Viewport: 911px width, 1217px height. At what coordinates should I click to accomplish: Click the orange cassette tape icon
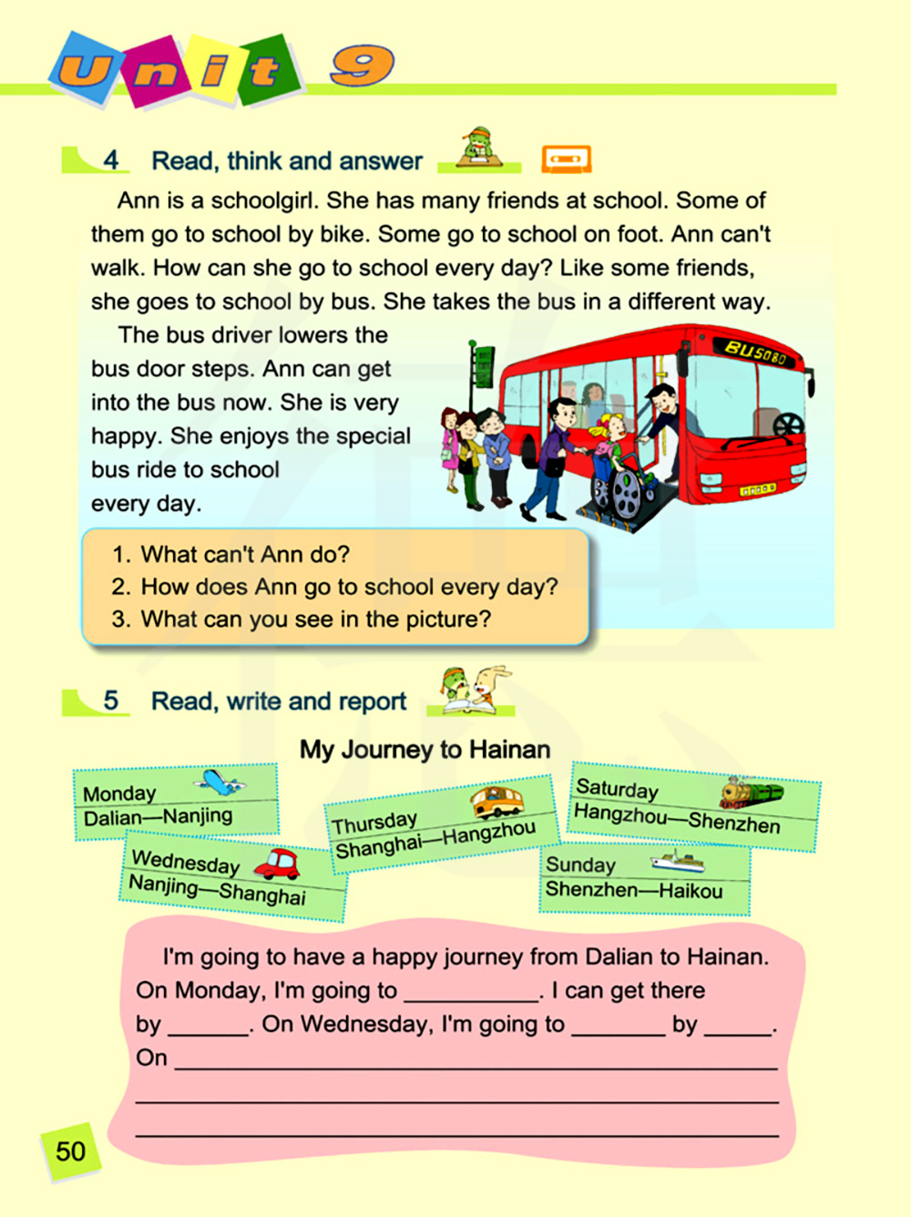click(566, 159)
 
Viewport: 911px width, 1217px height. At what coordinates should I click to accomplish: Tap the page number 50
click(70, 1151)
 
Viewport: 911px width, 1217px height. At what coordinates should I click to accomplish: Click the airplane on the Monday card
click(219, 782)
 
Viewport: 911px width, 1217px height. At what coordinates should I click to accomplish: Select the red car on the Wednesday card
click(278, 864)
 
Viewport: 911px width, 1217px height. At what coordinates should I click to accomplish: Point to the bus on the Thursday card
click(496, 802)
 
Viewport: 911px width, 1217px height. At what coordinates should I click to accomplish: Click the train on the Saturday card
click(751, 792)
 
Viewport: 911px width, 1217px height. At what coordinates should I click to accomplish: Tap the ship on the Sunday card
click(677, 861)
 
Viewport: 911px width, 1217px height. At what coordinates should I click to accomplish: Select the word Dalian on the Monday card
click(112, 818)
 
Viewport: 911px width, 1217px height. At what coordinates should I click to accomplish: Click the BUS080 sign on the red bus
click(754, 352)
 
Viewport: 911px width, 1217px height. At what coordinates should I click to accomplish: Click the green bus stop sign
click(484, 365)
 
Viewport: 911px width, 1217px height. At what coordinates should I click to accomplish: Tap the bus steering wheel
click(788, 424)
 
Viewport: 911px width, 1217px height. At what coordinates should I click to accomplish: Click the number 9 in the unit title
click(362, 66)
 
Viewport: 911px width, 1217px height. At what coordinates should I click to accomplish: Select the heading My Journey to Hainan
click(425, 750)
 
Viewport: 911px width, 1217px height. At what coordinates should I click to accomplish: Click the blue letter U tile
click(85, 69)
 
